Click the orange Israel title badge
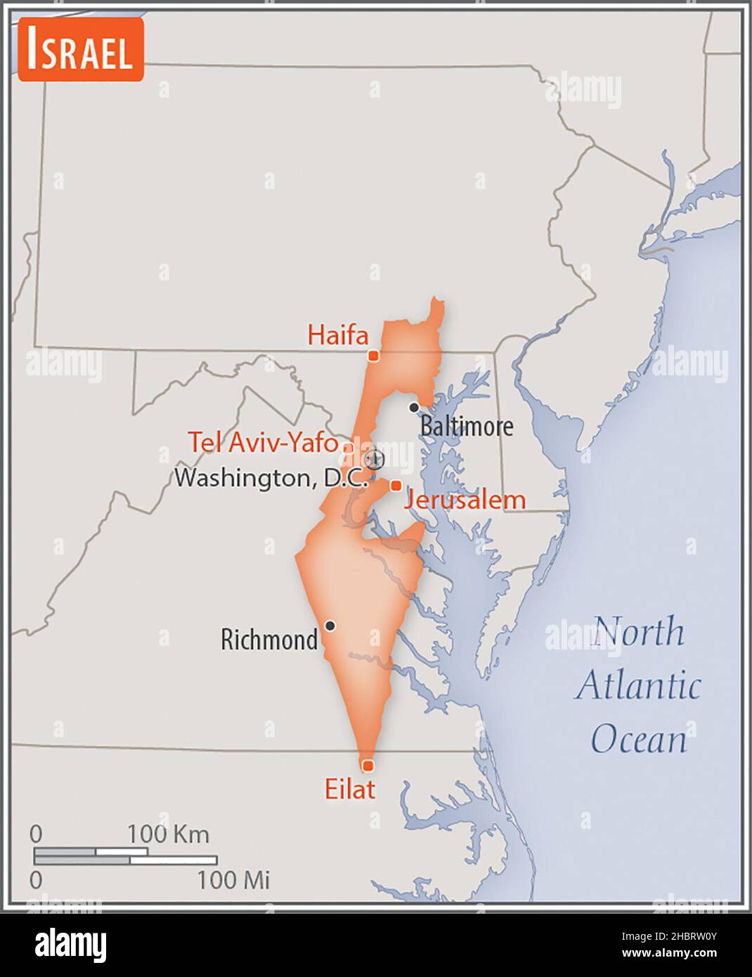[81, 49]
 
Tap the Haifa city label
[337, 335]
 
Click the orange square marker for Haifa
[374, 356]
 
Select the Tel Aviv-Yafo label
[262, 442]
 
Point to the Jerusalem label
[464, 500]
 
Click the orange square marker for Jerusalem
[396, 486]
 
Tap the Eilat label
[349, 789]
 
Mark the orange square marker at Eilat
[367, 765]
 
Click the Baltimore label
[467, 426]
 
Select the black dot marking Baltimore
[414, 408]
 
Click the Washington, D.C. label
[271, 478]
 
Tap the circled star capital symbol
[375, 460]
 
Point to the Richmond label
[268, 640]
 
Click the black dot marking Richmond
[330, 626]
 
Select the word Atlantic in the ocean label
[638, 685]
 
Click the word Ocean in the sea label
[638, 739]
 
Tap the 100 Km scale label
[168, 834]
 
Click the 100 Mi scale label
[233, 880]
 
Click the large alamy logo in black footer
[70, 945]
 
